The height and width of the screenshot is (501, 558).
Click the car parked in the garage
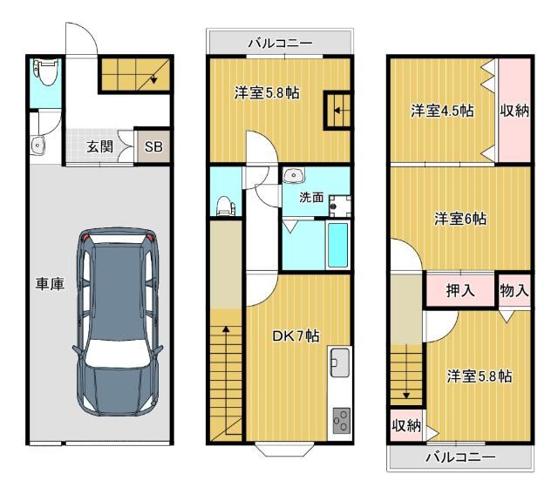coord(118,322)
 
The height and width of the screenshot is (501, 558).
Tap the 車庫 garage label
coord(50,284)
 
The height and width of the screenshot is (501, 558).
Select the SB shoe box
coord(153,146)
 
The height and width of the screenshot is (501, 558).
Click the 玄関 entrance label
coord(100,146)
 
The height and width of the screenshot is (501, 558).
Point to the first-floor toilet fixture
coord(46,71)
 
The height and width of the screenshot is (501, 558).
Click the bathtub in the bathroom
coord(337,246)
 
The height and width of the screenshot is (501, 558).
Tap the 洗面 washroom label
coord(311,197)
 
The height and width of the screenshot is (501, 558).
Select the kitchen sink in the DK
coord(340,362)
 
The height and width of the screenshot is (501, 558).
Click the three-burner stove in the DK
coord(341,421)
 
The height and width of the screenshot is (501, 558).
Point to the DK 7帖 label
coord(296,336)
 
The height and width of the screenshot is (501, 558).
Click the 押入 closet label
coord(460,290)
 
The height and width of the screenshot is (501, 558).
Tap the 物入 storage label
coord(514,290)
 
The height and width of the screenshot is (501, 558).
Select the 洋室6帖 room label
coord(460,219)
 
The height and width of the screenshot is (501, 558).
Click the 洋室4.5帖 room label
coord(442,111)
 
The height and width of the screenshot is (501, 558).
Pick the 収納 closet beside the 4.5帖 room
coord(514,111)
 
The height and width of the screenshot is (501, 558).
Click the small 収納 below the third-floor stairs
coord(406,425)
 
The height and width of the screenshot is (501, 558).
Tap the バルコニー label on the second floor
coord(281,44)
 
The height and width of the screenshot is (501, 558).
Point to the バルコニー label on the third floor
coord(460,457)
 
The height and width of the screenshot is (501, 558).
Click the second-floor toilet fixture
coord(225,206)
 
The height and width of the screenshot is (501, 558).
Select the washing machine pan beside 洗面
coord(339,206)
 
